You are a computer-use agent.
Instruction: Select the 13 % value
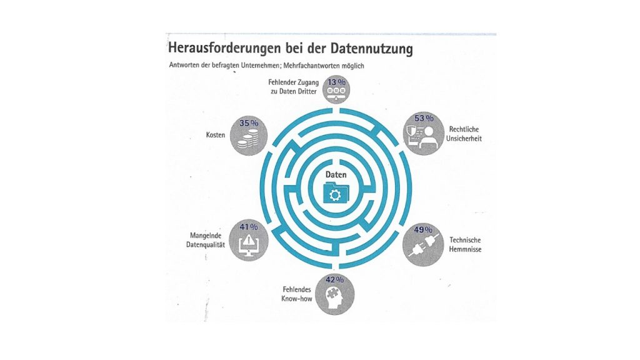pos(336,82)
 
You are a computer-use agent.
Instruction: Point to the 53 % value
pos(424,118)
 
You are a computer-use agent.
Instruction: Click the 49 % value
pos(423,230)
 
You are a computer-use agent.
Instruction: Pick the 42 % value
pos(335,279)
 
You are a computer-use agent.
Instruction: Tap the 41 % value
pos(249,227)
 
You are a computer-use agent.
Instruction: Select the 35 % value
pos(249,123)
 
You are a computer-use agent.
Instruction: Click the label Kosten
pos(216,135)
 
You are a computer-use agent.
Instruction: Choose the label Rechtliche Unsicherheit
pos(464,134)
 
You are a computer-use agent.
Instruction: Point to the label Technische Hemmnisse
pos(465,244)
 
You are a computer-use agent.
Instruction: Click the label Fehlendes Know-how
pos(297,294)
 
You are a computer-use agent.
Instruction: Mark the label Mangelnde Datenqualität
pos(206,240)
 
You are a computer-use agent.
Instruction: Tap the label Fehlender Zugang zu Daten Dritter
pos(294,86)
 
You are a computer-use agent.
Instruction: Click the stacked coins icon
pos(248,139)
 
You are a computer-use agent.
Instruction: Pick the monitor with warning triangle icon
pos(248,245)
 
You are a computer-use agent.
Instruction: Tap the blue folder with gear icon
pos(336,192)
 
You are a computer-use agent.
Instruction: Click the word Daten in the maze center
pos(336,175)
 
